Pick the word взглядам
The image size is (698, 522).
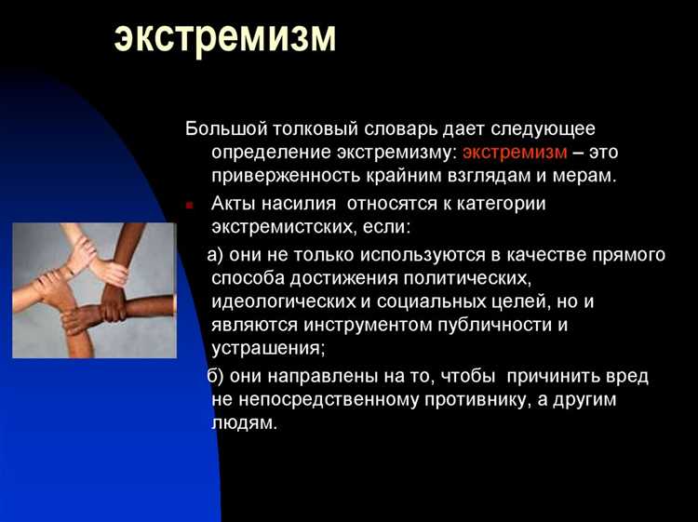[x=474, y=174]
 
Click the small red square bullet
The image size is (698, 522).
[x=189, y=205]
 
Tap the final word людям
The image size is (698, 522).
[x=245, y=422]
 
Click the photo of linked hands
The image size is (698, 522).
[x=94, y=290]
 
